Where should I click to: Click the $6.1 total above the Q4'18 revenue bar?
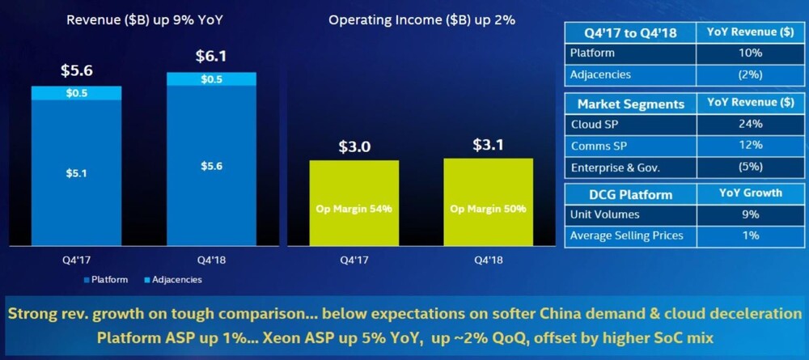click(x=211, y=56)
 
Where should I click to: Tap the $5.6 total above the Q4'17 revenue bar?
click(x=77, y=70)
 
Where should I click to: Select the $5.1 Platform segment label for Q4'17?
click(x=76, y=174)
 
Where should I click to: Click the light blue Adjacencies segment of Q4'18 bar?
click(x=211, y=79)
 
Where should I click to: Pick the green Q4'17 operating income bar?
click(x=354, y=203)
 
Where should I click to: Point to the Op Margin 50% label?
click(x=488, y=210)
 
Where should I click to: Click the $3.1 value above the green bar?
click(x=488, y=145)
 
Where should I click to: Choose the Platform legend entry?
click(x=106, y=280)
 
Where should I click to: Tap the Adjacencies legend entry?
click(x=173, y=280)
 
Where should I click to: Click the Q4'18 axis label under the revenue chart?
click(x=211, y=260)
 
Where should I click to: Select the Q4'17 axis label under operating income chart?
click(x=354, y=260)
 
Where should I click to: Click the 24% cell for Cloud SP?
click(x=750, y=125)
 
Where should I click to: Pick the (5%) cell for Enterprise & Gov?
click(x=750, y=167)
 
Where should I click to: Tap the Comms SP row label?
click(x=599, y=146)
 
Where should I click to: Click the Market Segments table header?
click(x=630, y=104)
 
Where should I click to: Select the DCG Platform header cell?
click(x=630, y=194)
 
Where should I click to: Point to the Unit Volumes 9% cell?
click(x=750, y=214)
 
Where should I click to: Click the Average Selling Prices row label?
click(x=626, y=235)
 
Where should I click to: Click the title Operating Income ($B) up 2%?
click(x=422, y=20)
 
